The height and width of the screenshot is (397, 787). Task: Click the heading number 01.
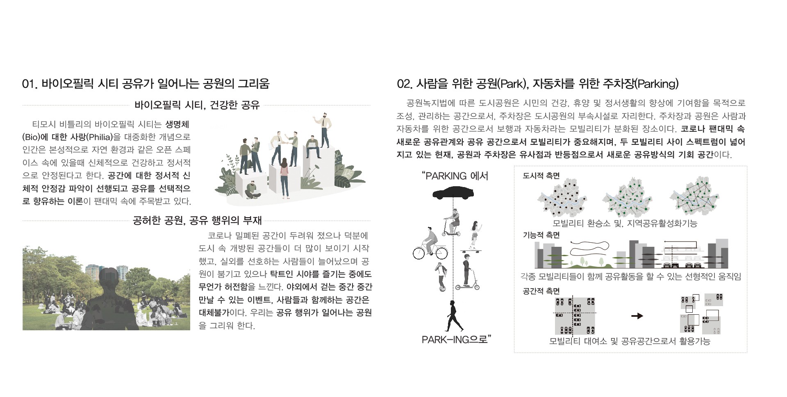[x=30, y=84]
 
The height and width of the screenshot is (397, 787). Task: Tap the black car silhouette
[x=453, y=192]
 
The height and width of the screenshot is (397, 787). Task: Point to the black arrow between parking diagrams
[x=637, y=316]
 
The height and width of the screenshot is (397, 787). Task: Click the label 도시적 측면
[x=541, y=176]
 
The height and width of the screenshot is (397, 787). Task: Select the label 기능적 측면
[x=541, y=235]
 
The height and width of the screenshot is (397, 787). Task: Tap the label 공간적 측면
[x=541, y=291]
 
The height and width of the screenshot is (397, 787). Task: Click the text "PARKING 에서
[x=455, y=176]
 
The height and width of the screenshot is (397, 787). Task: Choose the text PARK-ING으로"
[x=456, y=339]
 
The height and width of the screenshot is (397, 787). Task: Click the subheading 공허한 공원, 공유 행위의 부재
[x=197, y=221]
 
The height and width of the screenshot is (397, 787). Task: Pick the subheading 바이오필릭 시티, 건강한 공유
[x=197, y=105]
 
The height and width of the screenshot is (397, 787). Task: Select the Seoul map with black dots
[x=562, y=199]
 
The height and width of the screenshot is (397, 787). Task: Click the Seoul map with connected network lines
[x=694, y=196]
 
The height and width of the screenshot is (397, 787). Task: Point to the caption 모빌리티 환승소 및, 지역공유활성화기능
[x=625, y=223]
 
